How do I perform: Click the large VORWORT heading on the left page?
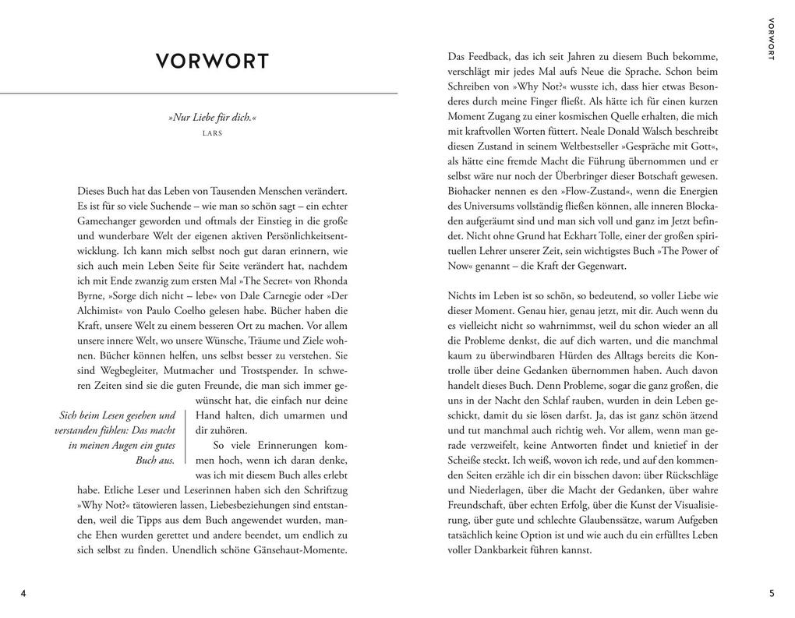[212, 61]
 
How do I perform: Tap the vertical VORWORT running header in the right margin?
[772, 38]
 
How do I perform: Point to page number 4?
[23, 593]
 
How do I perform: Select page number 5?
[772, 593]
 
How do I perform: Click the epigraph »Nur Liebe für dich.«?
[212, 118]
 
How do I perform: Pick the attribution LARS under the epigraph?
[212, 133]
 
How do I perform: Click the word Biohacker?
[472, 191]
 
